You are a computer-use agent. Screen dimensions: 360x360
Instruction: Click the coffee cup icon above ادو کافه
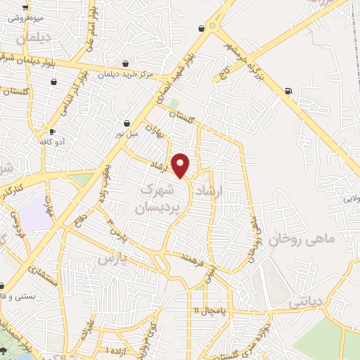click(x=52, y=131)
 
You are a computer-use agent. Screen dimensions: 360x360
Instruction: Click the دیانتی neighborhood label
click(x=308, y=301)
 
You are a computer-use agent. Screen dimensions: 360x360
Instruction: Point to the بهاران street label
click(x=154, y=128)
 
